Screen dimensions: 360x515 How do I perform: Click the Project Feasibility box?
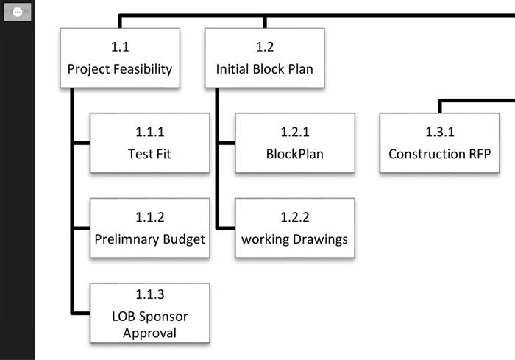pos(120,58)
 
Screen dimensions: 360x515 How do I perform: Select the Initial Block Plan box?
pos(265,58)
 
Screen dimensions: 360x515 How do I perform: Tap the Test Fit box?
pos(149,143)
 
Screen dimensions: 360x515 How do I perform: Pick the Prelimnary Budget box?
pos(149,228)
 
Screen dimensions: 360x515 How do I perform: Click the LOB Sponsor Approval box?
pos(149,313)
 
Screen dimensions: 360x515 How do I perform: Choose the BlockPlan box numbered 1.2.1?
pos(294,143)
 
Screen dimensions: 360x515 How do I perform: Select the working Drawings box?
pos(294,228)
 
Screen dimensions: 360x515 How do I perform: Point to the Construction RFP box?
pos(439,143)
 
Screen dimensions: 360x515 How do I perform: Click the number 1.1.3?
pos(149,295)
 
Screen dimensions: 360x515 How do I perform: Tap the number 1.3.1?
pos(439,133)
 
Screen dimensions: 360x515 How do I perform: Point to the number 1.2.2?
pos(294,217)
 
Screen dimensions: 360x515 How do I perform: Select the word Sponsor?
pos(163,317)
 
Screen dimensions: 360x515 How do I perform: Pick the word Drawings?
pos(319,239)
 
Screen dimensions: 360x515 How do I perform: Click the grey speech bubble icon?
pos(18,13)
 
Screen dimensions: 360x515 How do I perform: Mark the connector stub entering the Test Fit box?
pos(81,143)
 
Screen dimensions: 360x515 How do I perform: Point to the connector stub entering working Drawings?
pos(226,227)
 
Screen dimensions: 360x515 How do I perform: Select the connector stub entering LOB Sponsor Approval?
pos(81,312)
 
